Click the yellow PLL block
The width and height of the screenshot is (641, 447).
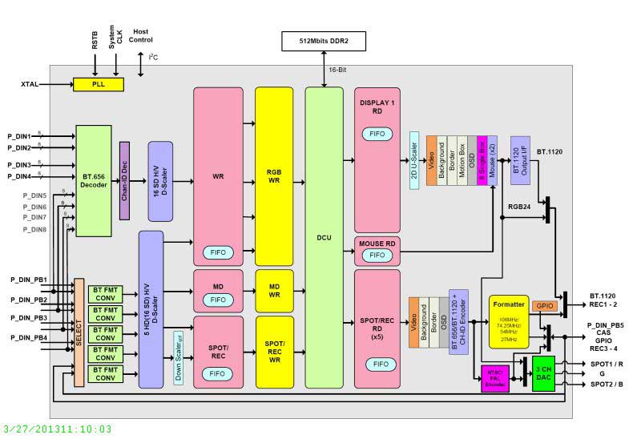click(99, 84)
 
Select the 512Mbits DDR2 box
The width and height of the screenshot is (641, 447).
click(322, 41)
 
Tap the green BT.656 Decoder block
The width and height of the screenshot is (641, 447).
click(94, 180)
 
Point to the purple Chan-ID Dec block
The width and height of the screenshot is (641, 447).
click(124, 180)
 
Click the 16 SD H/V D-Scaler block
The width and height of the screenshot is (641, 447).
click(160, 181)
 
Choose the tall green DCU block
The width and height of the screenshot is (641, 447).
click(324, 237)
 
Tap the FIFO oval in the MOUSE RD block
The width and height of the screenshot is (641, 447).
click(377, 256)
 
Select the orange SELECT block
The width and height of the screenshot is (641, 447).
click(79, 332)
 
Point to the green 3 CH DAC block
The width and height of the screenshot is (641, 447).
click(543, 373)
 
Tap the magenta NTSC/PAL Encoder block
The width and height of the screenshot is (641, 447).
click(496, 379)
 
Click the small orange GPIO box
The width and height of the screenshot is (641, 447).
click(544, 306)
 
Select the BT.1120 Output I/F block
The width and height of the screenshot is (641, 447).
click(519, 160)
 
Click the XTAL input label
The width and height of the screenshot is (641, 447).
click(30, 84)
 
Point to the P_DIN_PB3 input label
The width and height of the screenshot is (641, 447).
click(29, 318)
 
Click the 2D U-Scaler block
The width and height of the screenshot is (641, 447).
click(414, 160)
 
